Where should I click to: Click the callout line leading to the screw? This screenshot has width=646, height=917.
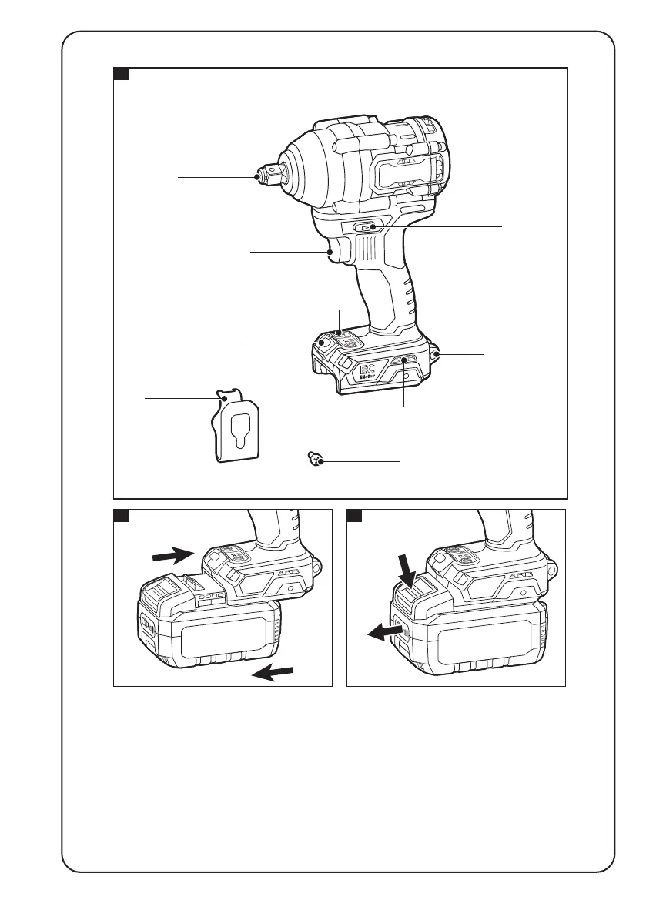pos(362,460)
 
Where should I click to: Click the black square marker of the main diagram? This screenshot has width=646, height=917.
pos(121,74)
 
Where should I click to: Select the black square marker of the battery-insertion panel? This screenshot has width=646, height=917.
pos(121,515)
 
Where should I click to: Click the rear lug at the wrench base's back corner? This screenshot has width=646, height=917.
pos(437,354)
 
